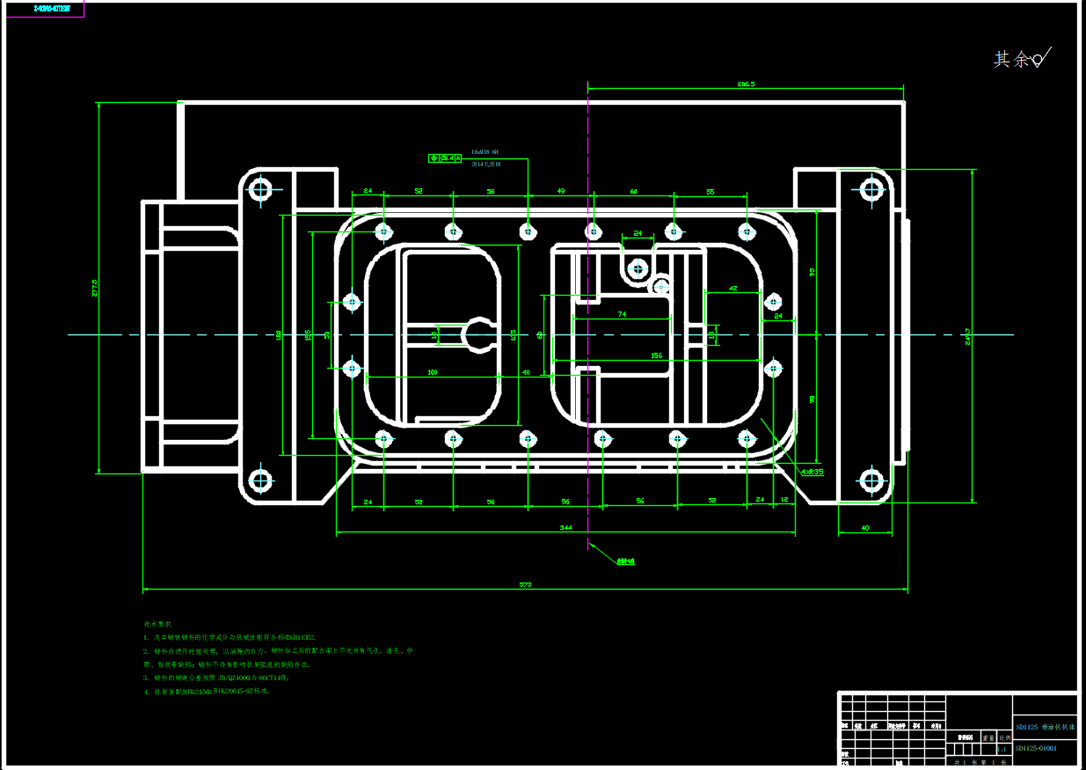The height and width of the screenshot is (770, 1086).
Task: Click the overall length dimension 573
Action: coord(526,584)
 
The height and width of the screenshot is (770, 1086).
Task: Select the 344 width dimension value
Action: coord(566,527)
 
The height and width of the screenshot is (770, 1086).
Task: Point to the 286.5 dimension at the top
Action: coord(747,84)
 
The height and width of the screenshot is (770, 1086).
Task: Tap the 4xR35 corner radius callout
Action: coord(812,472)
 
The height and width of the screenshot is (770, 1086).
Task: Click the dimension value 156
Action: coord(656,356)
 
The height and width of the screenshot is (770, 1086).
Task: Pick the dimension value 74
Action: coord(622,313)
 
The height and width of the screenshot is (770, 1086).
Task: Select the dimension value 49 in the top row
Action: coord(560,191)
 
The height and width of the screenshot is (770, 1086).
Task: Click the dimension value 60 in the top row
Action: coord(633,191)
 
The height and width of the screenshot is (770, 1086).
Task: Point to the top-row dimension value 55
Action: coord(710,191)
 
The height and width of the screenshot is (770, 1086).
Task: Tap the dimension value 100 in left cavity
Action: coord(432,372)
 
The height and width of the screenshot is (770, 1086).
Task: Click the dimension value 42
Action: coord(733,288)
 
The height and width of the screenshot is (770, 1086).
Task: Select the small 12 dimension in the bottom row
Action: coord(784,500)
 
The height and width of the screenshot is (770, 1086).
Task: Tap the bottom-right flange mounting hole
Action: coord(871,480)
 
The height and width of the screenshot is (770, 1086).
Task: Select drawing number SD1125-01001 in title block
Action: coord(1037,749)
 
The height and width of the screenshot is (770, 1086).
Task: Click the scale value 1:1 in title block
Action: coord(1002,749)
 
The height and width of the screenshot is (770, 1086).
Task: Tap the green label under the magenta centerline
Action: coord(625,561)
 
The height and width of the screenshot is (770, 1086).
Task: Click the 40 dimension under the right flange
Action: coord(864,528)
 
